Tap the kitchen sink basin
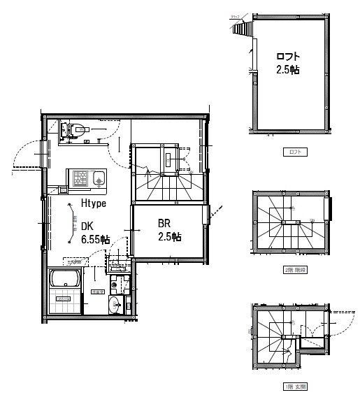coord(99,179)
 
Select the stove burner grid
coord(79,178)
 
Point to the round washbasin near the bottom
coord(114,305)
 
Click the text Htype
coord(93,204)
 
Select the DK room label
coord(87,226)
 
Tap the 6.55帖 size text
coord(95,239)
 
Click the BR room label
coord(164,224)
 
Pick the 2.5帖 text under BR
coord(168,237)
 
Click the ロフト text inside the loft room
coord(287,57)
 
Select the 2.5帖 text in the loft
coord(287,70)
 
